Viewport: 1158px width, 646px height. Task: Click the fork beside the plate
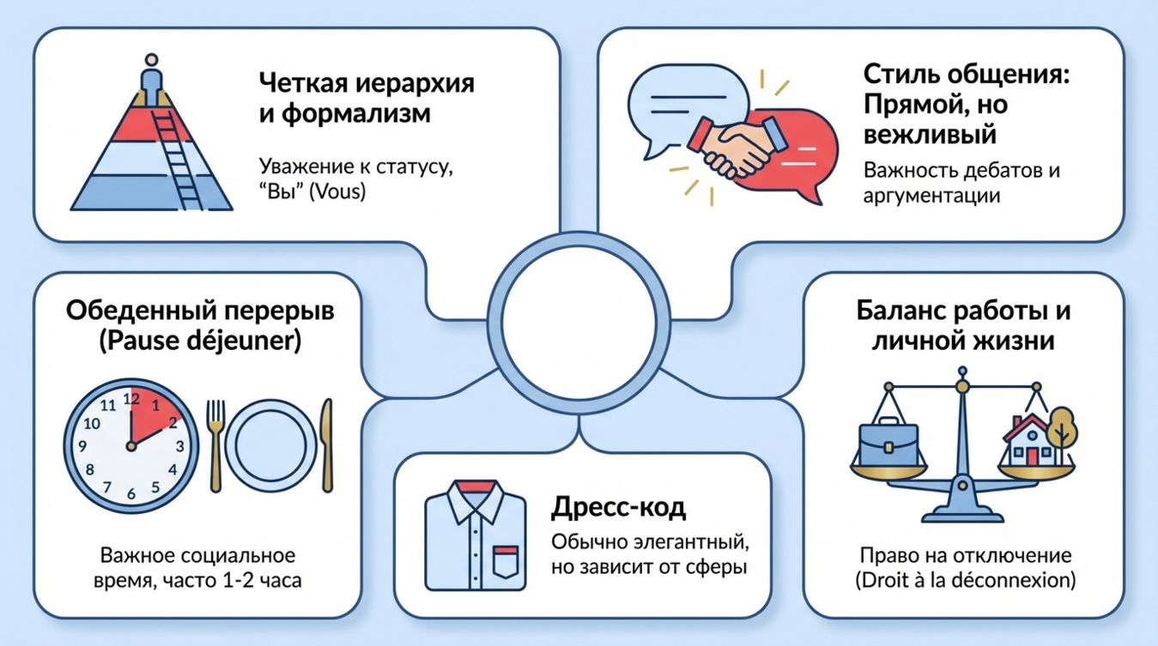(216, 442)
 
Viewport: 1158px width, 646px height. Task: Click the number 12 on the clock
(131, 398)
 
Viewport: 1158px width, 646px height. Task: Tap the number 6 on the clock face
(131, 493)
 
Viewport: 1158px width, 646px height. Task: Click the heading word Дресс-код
(618, 508)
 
